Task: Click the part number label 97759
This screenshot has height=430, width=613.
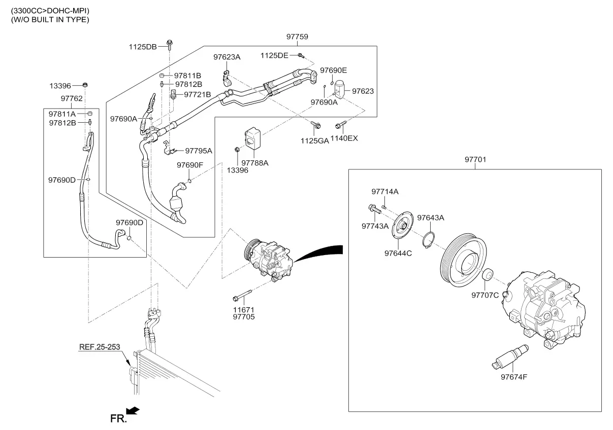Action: tap(297, 37)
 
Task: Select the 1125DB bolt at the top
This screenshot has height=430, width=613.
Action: tap(170, 45)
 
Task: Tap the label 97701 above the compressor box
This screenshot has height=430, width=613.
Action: tap(475, 159)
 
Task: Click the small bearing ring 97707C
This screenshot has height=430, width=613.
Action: tap(488, 275)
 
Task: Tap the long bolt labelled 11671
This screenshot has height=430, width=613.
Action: tap(242, 295)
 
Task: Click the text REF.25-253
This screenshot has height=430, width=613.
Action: tap(100, 347)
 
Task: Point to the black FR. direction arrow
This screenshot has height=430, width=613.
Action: tap(133, 411)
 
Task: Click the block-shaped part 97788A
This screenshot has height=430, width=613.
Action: tap(253, 138)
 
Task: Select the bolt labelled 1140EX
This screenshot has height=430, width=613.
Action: tap(341, 125)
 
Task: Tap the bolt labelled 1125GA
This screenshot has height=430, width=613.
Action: tap(316, 125)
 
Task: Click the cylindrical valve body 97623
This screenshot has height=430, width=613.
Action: tap(339, 88)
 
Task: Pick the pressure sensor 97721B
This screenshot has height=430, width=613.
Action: tap(173, 94)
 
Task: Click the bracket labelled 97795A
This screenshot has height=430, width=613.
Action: tap(170, 148)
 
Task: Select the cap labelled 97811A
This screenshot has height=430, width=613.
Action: tap(89, 114)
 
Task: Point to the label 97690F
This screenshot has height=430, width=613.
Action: tap(190, 165)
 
